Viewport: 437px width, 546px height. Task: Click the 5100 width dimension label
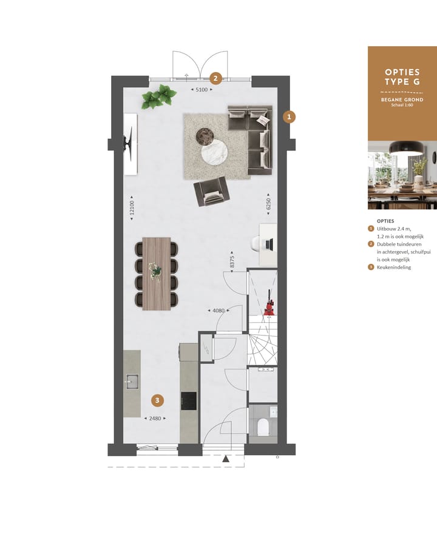pos(202,90)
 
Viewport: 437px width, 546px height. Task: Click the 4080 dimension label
pos(218,311)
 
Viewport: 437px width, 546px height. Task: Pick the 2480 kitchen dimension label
pos(153,418)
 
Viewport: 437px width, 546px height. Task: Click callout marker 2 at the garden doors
pos(214,78)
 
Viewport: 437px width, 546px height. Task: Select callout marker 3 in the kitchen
pos(157,400)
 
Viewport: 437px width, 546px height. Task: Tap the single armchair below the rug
pos(211,192)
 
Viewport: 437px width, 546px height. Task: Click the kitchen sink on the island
pos(132,382)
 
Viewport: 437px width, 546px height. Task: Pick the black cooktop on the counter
pos(189,400)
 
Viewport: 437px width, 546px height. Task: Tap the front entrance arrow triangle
pos(226,459)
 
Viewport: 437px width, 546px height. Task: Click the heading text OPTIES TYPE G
pos(402,76)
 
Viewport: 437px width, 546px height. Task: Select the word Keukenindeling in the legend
pos(394,267)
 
